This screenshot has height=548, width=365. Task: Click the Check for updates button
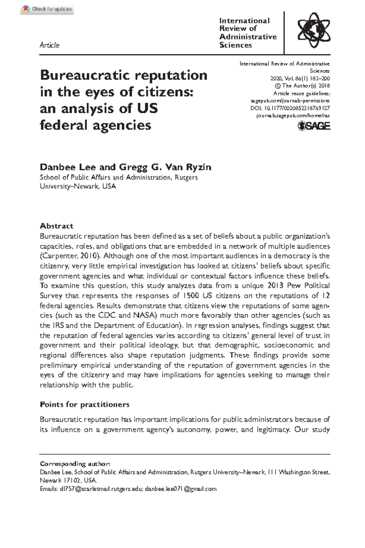47,9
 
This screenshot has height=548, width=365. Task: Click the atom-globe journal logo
314,30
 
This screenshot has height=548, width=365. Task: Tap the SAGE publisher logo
314,126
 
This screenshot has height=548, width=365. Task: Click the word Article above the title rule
50,45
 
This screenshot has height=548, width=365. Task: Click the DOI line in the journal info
290,108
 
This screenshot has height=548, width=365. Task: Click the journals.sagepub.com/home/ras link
293,116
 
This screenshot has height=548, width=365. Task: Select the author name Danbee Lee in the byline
68,167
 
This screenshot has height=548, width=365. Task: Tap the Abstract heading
57,226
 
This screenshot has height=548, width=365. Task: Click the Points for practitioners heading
85,405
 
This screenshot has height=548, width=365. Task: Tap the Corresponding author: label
75,464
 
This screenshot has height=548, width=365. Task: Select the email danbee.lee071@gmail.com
181,489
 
